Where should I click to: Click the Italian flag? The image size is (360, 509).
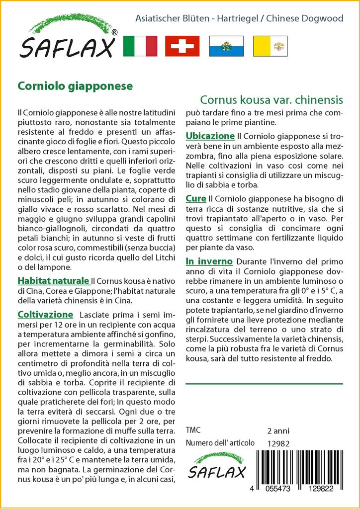(x=139, y=46)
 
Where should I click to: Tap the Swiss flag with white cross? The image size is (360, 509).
(x=182, y=46)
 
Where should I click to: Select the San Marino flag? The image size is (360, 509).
(x=226, y=46)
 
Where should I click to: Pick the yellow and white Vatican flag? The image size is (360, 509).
(x=270, y=46)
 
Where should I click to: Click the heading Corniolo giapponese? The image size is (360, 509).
(x=75, y=85)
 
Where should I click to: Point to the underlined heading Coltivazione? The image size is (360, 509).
(x=45, y=315)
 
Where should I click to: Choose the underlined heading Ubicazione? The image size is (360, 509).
(x=210, y=136)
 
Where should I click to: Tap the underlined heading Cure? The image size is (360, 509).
(x=196, y=199)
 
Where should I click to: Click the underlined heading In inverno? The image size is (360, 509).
(x=209, y=261)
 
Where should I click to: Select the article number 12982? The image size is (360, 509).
(x=278, y=443)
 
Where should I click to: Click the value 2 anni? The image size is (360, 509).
(x=278, y=430)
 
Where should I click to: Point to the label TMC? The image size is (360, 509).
(x=193, y=430)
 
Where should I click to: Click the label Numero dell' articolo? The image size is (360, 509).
(x=220, y=443)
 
